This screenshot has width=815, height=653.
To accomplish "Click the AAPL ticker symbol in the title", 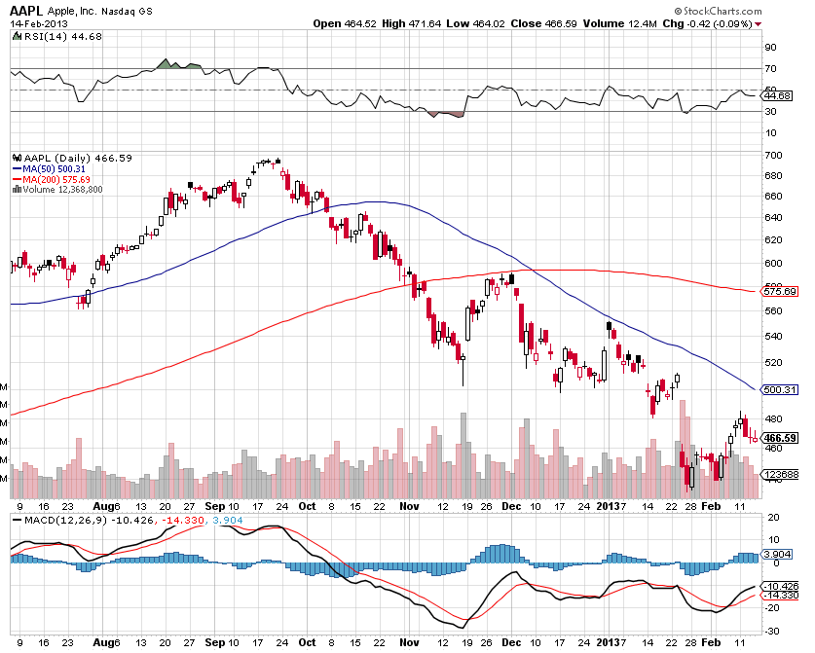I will [27, 9].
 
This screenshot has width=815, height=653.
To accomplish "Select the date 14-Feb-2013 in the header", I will [35, 22].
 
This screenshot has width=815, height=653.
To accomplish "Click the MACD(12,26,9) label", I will [59, 519].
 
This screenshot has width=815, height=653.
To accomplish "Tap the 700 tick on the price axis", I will [774, 156].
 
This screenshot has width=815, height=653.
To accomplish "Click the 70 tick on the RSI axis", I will [770, 68].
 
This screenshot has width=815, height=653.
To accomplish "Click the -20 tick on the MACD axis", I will [771, 606].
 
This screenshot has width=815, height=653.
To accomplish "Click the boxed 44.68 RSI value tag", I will [778, 95].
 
